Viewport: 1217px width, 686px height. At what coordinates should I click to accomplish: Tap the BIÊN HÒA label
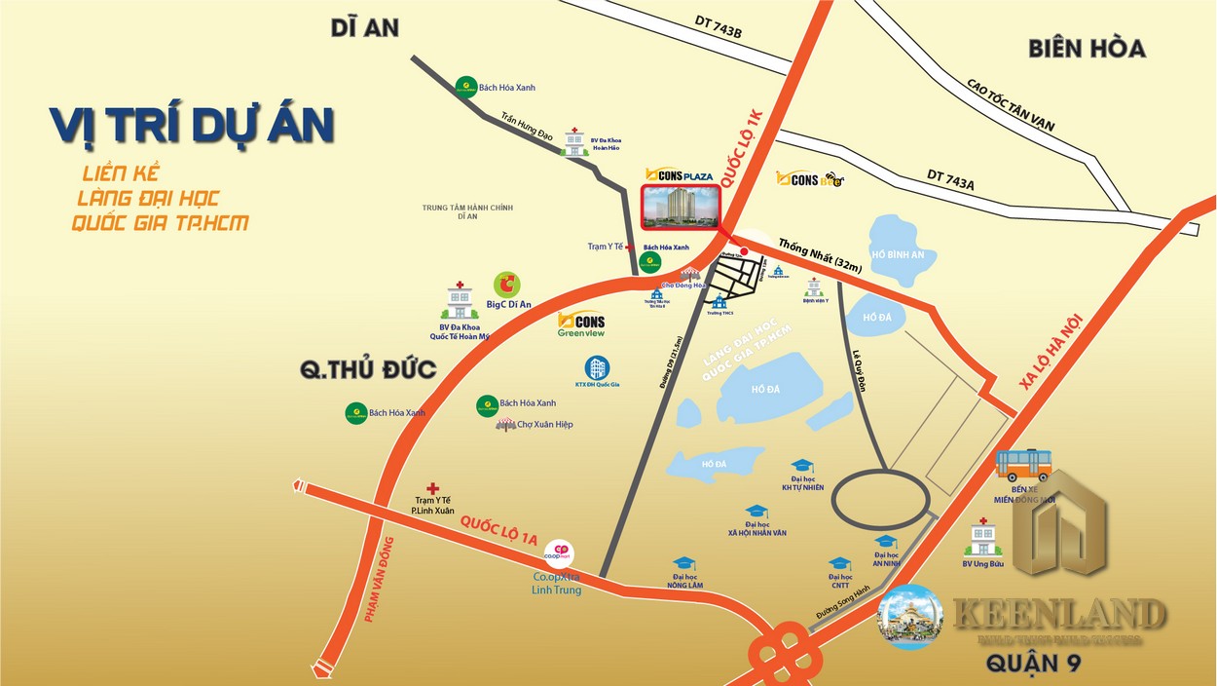pyautogui.click(x=1087, y=48)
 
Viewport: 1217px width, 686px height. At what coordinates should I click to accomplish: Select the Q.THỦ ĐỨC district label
pyautogui.click(x=368, y=371)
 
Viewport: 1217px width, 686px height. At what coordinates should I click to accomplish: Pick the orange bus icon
pyautogui.click(x=1023, y=466)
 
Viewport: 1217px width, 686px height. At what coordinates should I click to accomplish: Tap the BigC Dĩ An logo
pyautogui.click(x=506, y=285)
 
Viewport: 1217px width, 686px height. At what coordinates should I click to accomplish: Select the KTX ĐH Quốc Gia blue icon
pyautogui.click(x=597, y=368)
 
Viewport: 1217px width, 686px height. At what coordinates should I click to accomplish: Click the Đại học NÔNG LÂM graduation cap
pyautogui.click(x=683, y=563)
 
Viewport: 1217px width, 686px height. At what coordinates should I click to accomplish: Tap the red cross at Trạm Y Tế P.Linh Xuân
pyautogui.click(x=433, y=488)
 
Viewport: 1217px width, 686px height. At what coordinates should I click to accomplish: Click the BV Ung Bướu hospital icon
pyautogui.click(x=982, y=538)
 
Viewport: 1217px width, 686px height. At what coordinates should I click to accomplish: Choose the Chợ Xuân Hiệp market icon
pyautogui.click(x=505, y=425)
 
